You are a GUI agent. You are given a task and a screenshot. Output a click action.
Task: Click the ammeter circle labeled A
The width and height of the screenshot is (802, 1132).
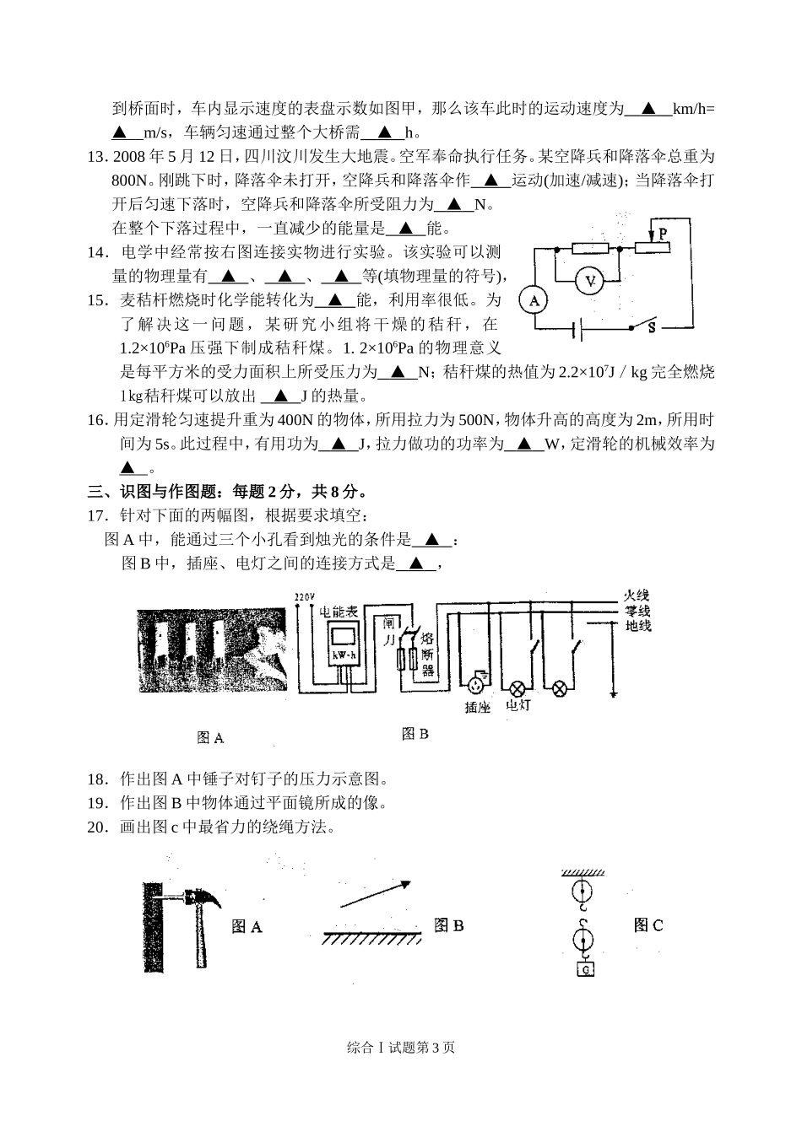pos(533,300)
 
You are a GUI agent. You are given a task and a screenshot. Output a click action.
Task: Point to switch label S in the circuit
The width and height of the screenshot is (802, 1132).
pos(652,328)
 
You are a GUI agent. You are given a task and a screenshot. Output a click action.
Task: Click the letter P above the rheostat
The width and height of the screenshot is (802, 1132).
pos(663,232)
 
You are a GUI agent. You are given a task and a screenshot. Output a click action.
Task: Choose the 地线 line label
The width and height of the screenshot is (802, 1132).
pos(637,625)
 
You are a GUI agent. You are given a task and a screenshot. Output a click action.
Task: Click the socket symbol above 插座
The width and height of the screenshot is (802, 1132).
pos(478,680)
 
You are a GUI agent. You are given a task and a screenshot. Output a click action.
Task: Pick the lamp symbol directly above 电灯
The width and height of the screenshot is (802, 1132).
pos(516,687)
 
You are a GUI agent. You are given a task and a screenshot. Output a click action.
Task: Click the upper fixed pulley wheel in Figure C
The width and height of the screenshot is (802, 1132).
pos(580,891)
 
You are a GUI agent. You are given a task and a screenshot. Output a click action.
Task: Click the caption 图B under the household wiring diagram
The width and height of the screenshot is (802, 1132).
pos(415,734)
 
